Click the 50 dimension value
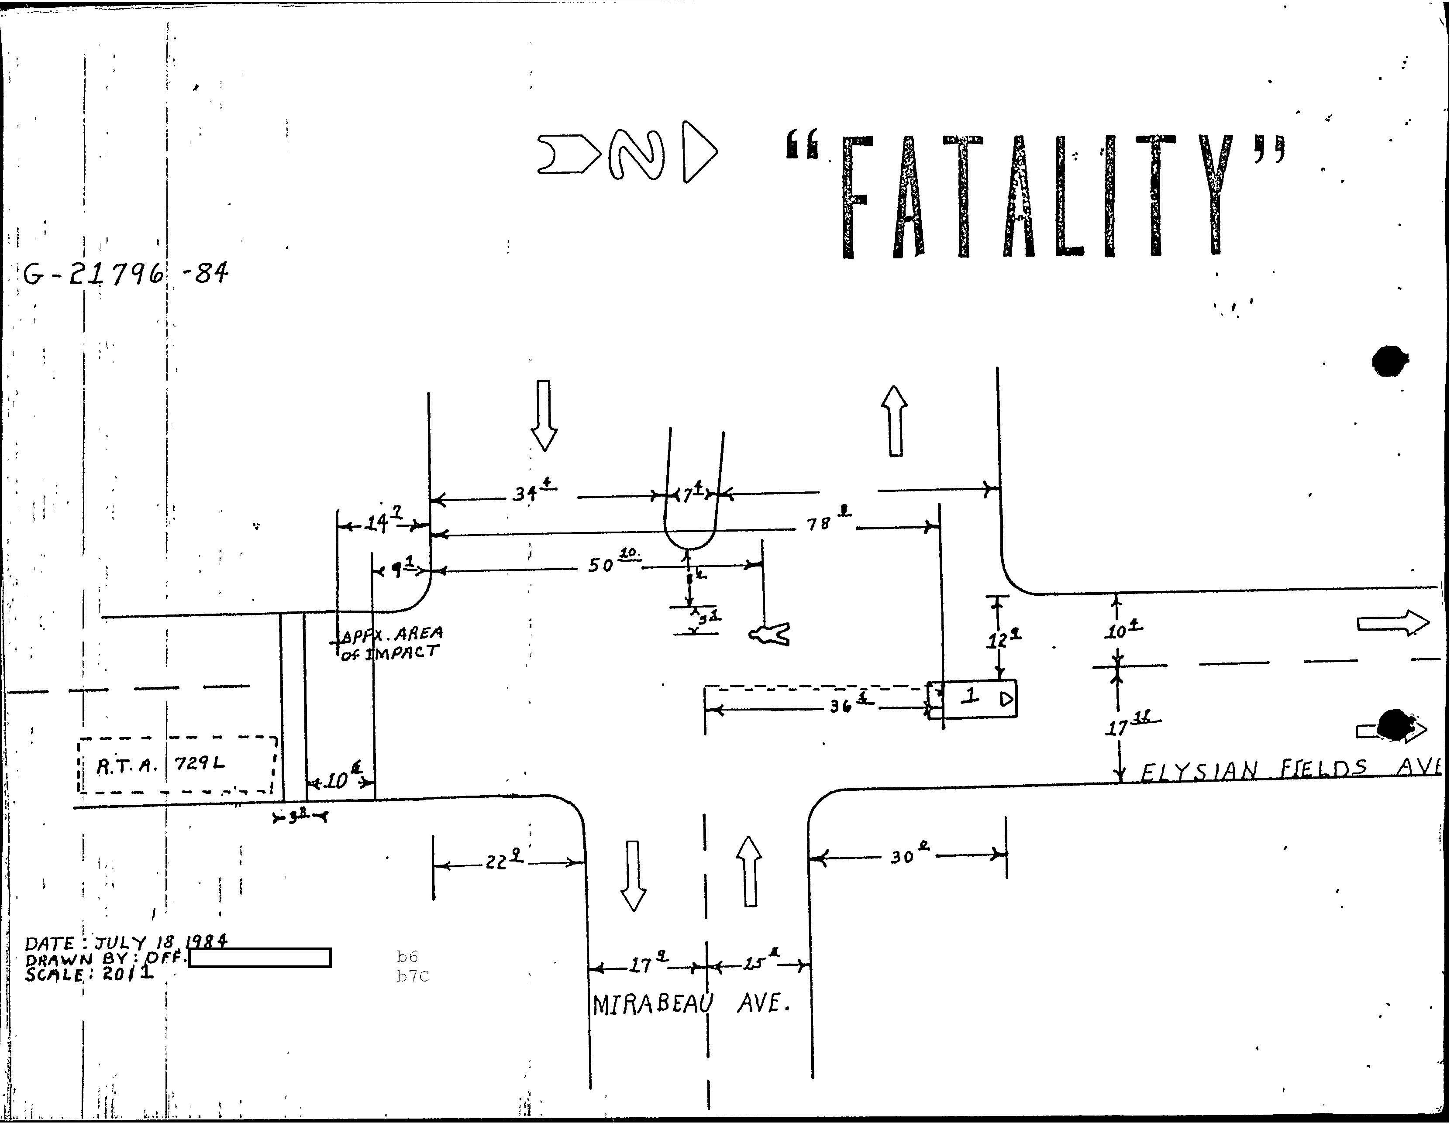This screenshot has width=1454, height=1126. (601, 566)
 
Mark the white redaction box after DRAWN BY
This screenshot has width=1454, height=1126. (260, 957)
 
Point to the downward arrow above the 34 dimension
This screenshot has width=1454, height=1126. (544, 415)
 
